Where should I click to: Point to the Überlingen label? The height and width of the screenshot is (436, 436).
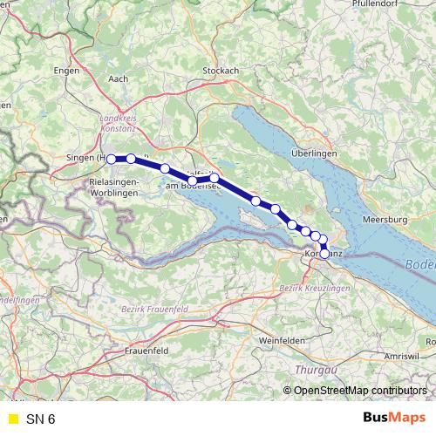[x=314, y=153]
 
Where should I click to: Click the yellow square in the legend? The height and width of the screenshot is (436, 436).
[x=13, y=419]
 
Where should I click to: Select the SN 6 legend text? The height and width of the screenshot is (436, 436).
[x=40, y=419]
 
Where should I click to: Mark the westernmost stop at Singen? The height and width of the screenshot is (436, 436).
[x=111, y=159]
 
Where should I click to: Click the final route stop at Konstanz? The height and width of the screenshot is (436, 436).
[x=325, y=254]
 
